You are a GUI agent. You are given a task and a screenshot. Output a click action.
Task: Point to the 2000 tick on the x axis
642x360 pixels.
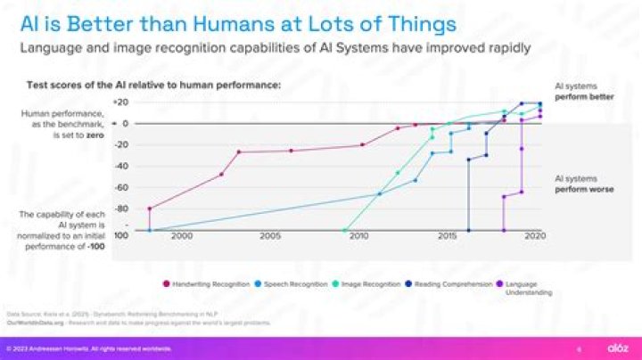181,236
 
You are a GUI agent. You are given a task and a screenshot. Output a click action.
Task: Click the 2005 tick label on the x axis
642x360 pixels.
270,236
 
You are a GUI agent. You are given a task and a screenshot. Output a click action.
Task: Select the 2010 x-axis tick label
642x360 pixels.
358,236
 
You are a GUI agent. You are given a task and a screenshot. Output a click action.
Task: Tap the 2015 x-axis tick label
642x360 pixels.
447,236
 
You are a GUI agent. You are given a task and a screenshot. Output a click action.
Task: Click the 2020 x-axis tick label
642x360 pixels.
534,236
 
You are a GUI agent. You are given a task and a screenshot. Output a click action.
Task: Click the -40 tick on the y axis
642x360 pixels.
122,166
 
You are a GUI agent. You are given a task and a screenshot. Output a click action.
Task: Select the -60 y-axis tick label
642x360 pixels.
122,187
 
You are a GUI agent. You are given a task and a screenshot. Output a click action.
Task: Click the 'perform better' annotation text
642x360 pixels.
584,96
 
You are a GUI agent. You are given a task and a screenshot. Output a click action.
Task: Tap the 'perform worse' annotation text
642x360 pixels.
584,189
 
